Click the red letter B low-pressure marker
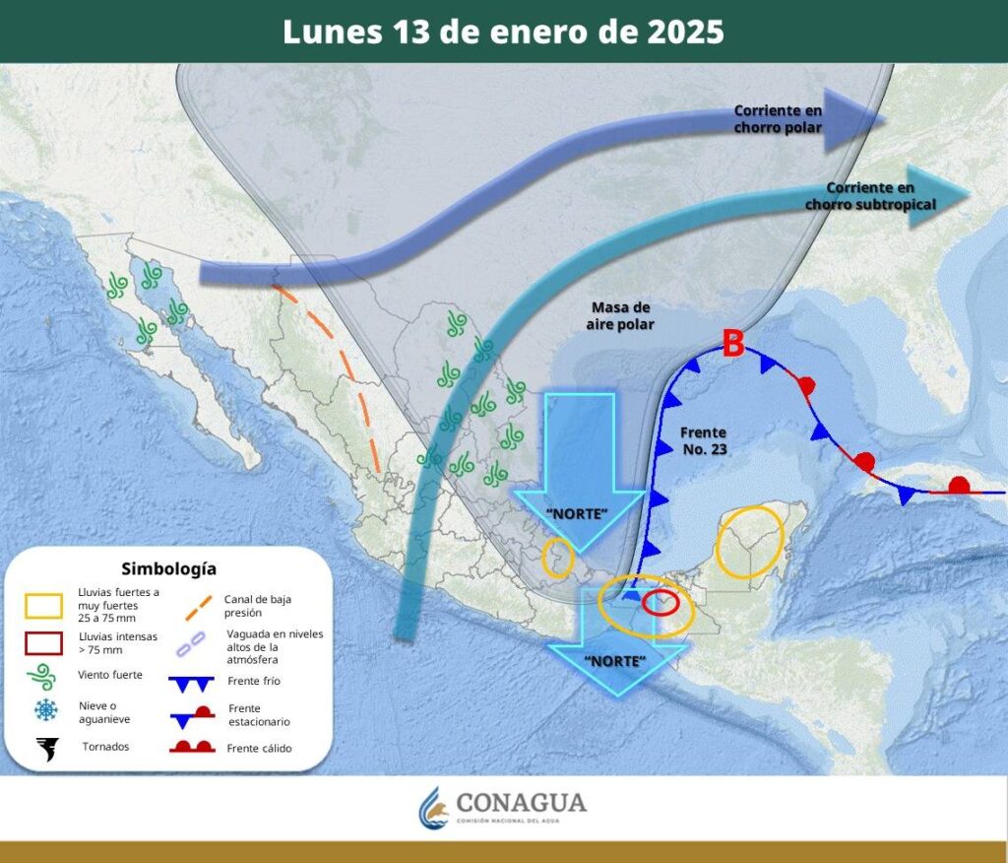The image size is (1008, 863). click(732, 344)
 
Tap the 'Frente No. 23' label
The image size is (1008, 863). click(703, 440)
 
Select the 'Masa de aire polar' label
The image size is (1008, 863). click(620, 315)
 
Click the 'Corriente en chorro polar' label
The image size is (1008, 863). click(778, 119)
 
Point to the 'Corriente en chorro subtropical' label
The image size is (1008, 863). click(870, 195)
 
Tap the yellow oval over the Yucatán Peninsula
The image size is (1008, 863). click(749, 541)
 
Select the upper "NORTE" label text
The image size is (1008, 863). click(578, 513)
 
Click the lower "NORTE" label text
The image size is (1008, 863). click(615, 659)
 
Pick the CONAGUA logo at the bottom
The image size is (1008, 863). click(503, 807)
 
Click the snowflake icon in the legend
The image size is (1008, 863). click(45, 709)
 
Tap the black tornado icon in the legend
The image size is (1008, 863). click(45, 748)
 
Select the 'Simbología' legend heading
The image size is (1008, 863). click(168, 568)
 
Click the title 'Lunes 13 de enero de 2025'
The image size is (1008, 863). click(503, 32)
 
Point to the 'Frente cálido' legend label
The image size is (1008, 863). click(259, 748)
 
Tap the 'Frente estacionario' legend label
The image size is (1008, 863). click(259, 714)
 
